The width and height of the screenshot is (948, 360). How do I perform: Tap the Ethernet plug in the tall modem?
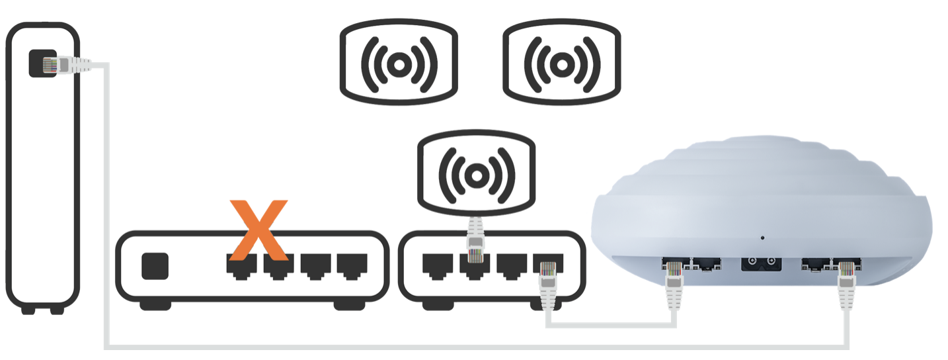pos(66,65)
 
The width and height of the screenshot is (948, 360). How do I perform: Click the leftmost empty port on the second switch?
pos(436,265)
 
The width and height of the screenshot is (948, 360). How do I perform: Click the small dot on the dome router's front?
pos(762,237)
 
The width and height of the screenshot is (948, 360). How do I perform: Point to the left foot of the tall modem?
pos(28,309)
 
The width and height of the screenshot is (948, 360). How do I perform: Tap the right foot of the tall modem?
pos(58,309)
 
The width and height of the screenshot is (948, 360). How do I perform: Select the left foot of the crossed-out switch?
pos(155,305)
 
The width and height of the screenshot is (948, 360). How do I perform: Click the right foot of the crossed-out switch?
pos(351,305)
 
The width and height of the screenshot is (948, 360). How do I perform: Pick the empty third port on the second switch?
pos(510,265)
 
